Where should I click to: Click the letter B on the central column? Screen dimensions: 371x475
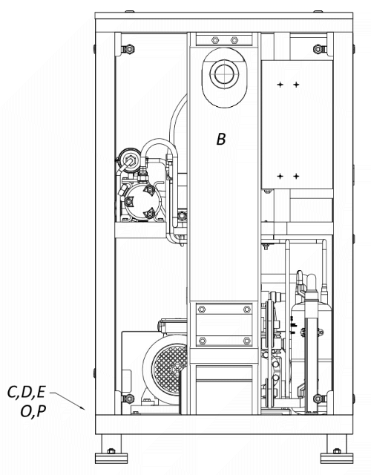221,139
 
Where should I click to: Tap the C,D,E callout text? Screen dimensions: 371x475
26,393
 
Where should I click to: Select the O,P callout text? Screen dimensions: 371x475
33,411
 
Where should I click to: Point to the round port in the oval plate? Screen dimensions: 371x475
224,73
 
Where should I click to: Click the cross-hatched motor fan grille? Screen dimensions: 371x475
170,366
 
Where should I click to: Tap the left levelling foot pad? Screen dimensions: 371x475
111,458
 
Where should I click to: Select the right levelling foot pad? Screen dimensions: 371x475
337,458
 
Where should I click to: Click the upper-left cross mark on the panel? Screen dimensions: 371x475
280,85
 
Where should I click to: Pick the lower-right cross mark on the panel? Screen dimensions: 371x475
296,176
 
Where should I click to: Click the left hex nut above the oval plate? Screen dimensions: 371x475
214,40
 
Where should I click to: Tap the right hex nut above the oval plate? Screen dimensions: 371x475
234,40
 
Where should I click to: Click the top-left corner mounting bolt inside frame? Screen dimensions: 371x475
128,49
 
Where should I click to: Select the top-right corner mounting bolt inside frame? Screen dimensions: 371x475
319,49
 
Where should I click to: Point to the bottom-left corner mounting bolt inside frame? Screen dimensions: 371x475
128,399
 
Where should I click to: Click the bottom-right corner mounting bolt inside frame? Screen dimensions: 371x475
319,399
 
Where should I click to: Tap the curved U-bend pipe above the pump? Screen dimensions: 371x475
158,142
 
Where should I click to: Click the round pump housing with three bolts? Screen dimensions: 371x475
142,202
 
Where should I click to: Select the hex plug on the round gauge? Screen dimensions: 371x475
131,159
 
